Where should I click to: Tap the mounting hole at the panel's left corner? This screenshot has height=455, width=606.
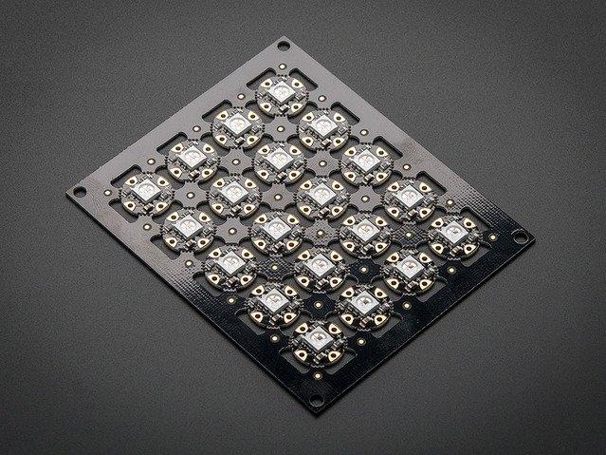(80, 191)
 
